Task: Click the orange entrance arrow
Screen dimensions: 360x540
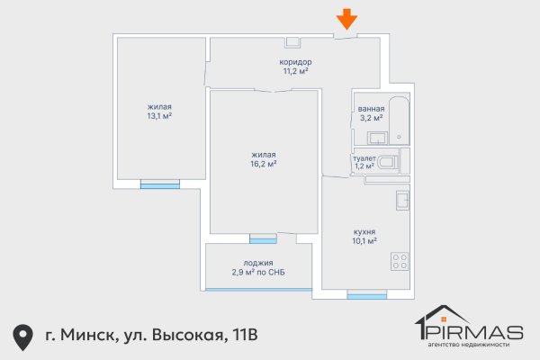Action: point(346,19)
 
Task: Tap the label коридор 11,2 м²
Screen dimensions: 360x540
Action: point(295,66)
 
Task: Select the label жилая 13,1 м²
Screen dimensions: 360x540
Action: point(159,111)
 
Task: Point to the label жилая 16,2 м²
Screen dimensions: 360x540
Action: point(263,158)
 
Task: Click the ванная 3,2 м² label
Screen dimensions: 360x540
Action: point(371,112)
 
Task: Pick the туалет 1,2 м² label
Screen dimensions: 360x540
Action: point(364,162)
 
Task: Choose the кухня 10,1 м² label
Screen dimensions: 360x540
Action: point(364,236)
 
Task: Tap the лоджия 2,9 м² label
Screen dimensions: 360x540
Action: point(258,267)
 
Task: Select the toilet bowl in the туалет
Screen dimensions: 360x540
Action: point(388,163)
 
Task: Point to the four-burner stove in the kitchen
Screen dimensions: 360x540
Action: point(400,262)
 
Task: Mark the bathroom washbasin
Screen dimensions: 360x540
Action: point(379,138)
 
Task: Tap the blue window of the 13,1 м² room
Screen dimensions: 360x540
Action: point(159,185)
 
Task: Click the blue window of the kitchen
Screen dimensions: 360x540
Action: point(366,294)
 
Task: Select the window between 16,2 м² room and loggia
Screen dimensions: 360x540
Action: point(263,239)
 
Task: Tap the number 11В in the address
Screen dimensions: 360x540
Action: point(242,336)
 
